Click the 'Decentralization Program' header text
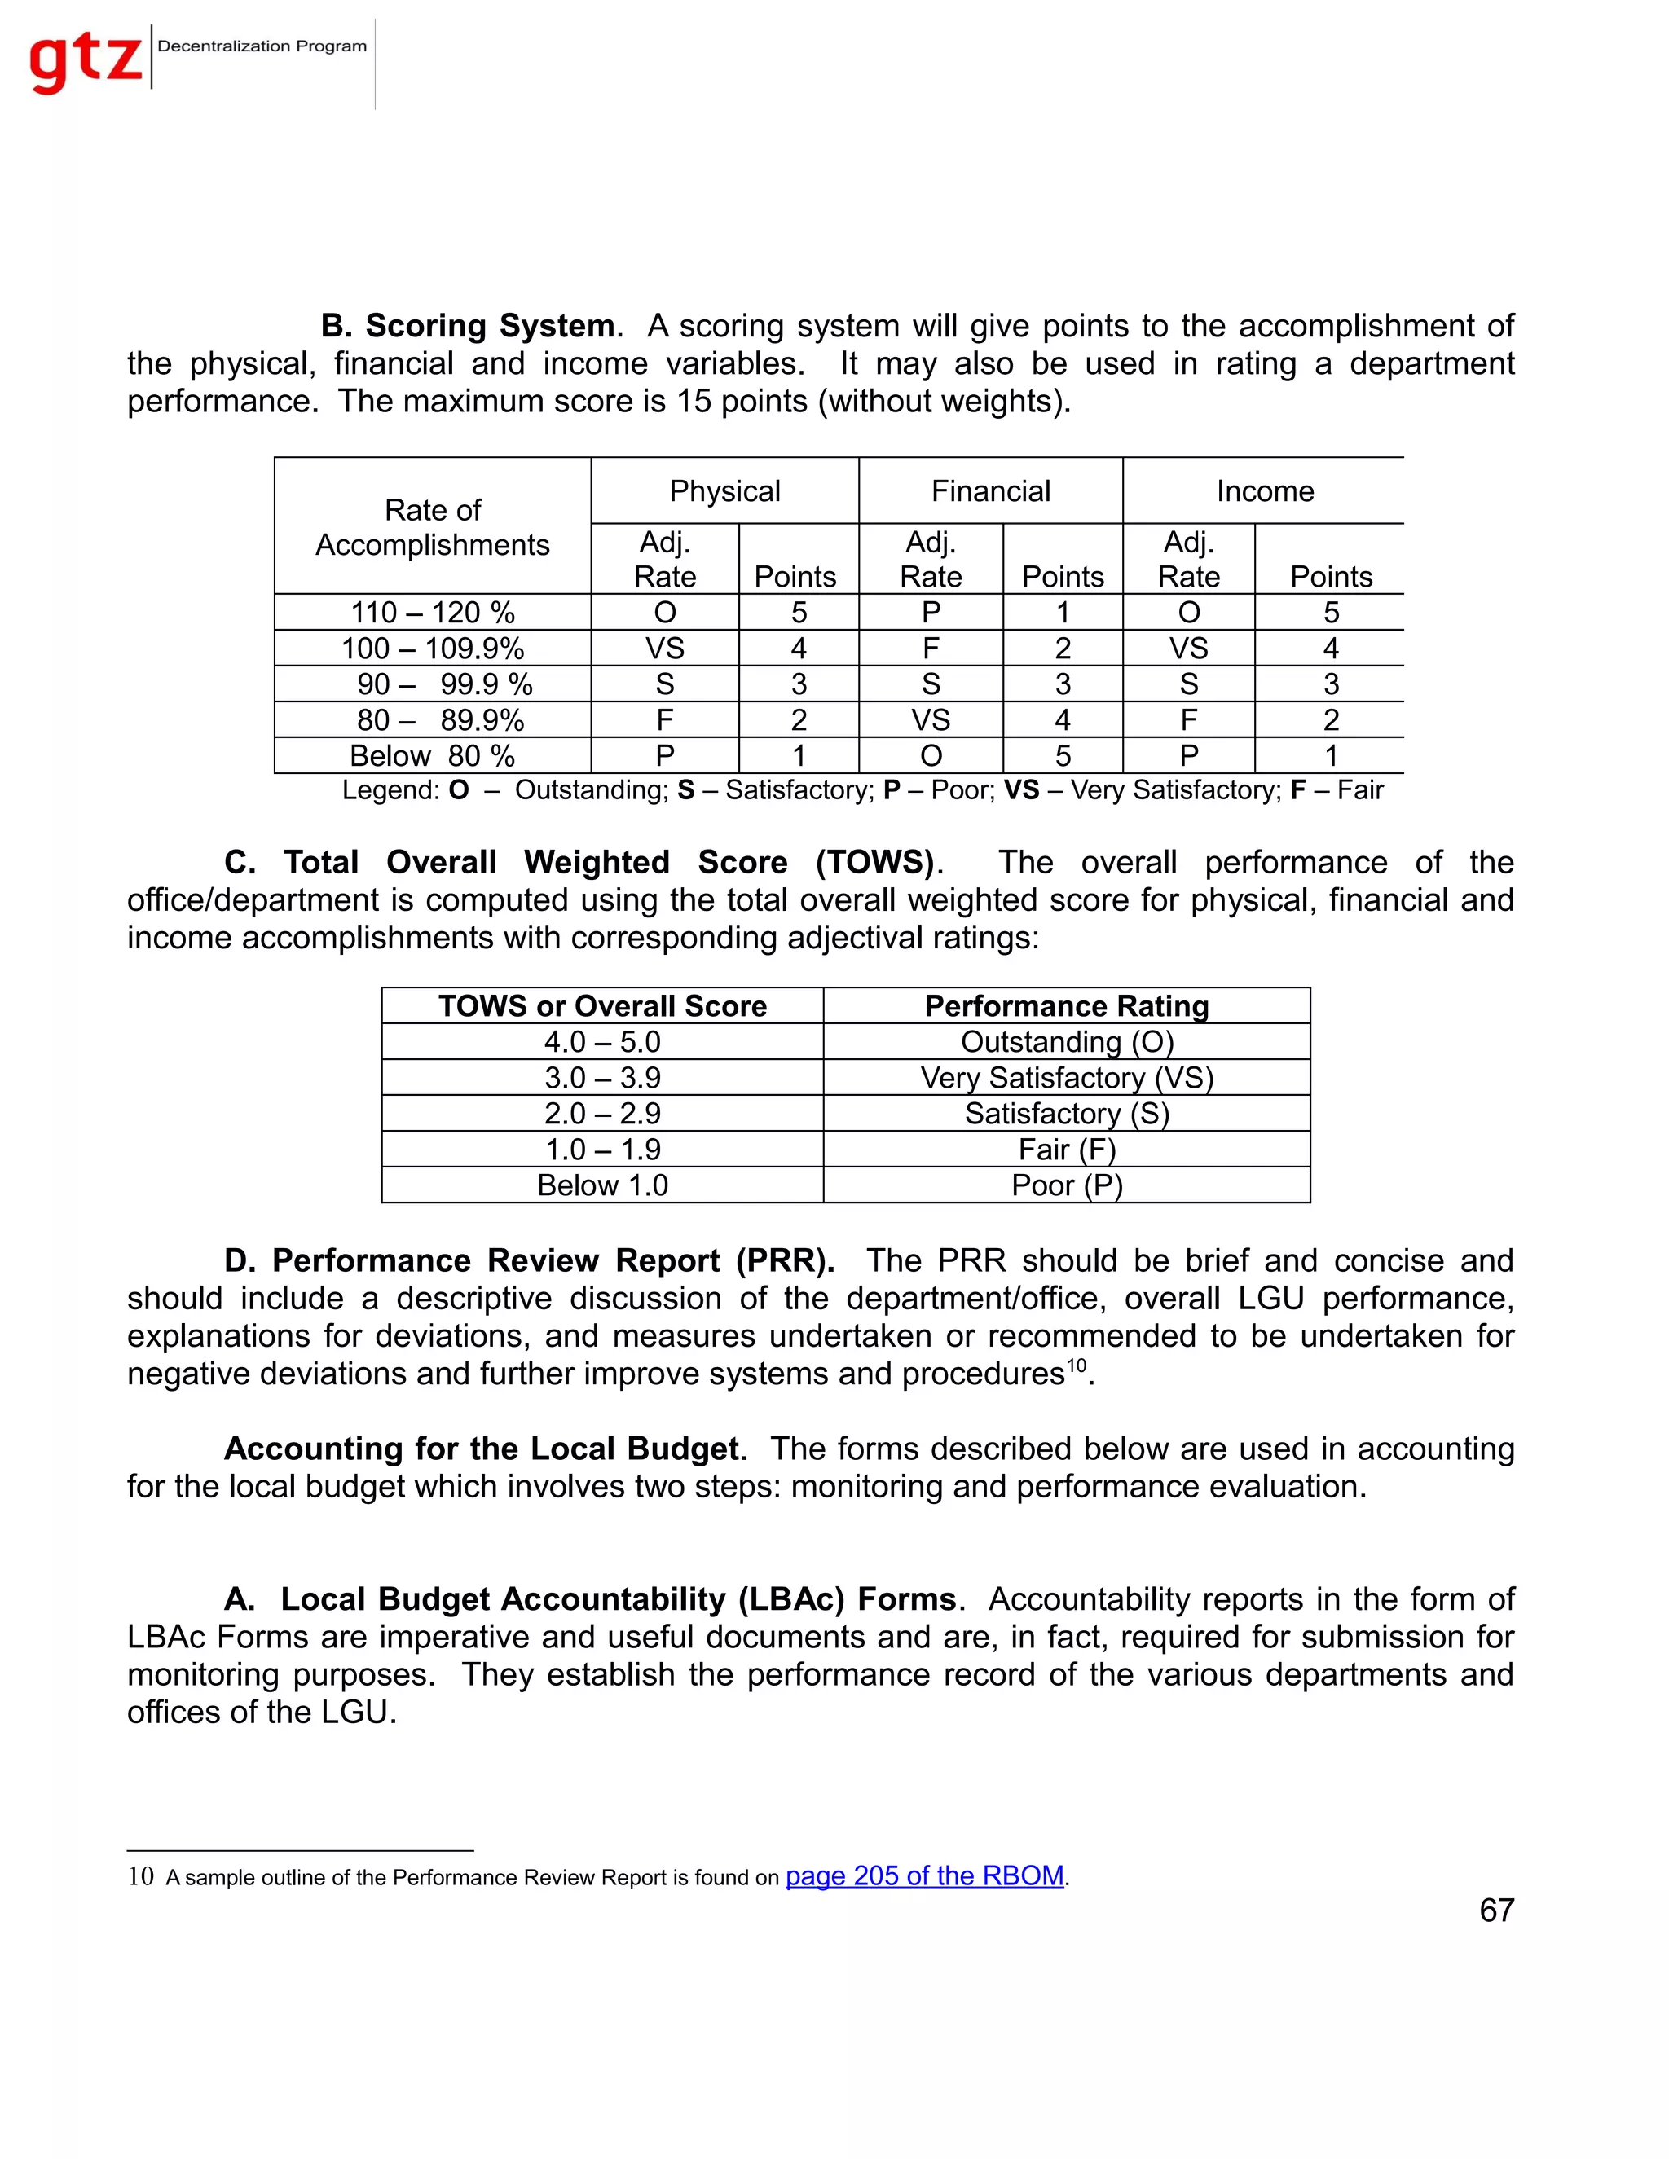point(262,46)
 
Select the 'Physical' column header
point(724,491)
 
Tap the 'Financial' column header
point(991,491)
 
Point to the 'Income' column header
point(1265,491)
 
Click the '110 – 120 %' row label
point(433,613)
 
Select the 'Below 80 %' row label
point(433,756)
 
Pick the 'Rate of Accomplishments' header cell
point(433,527)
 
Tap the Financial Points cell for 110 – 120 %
point(1063,613)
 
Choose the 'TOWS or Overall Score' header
point(602,1006)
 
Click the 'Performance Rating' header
point(1067,1006)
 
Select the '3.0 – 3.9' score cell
point(602,1078)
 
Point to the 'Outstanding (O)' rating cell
point(1067,1042)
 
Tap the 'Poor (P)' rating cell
point(1067,1185)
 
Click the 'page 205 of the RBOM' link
point(924,1876)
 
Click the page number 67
point(1496,1910)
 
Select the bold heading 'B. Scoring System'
point(468,326)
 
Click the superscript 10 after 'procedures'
point(1076,1365)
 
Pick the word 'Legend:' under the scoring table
point(390,791)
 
